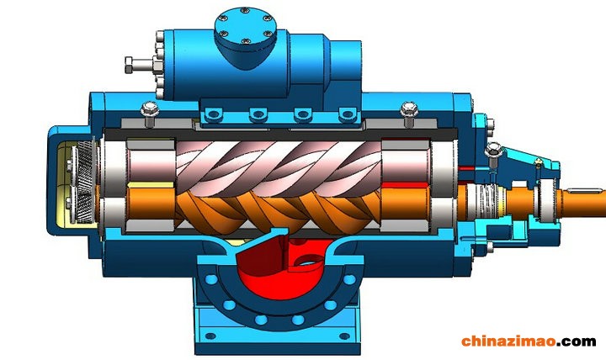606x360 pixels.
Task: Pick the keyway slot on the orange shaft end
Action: pyautogui.click(x=584, y=190)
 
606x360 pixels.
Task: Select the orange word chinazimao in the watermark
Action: pyautogui.click(x=508, y=341)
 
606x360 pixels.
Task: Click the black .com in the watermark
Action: pyautogui.click(x=577, y=341)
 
